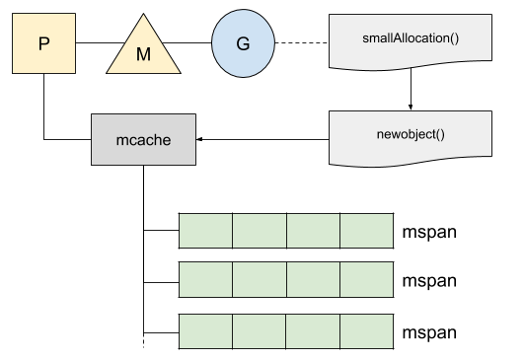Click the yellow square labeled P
(43, 43)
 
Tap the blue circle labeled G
(243, 43)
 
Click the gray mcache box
(143, 139)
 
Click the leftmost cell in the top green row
(205, 230)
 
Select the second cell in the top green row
(259, 230)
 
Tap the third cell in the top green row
(313, 230)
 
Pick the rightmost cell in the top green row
(366, 230)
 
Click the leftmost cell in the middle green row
(205, 280)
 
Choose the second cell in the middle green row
(259, 280)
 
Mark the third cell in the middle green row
(313, 280)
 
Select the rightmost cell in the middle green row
(366, 280)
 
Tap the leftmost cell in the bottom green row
(205, 330)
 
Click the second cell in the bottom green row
(259, 330)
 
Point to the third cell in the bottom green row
(313, 330)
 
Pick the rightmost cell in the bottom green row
(366, 330)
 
